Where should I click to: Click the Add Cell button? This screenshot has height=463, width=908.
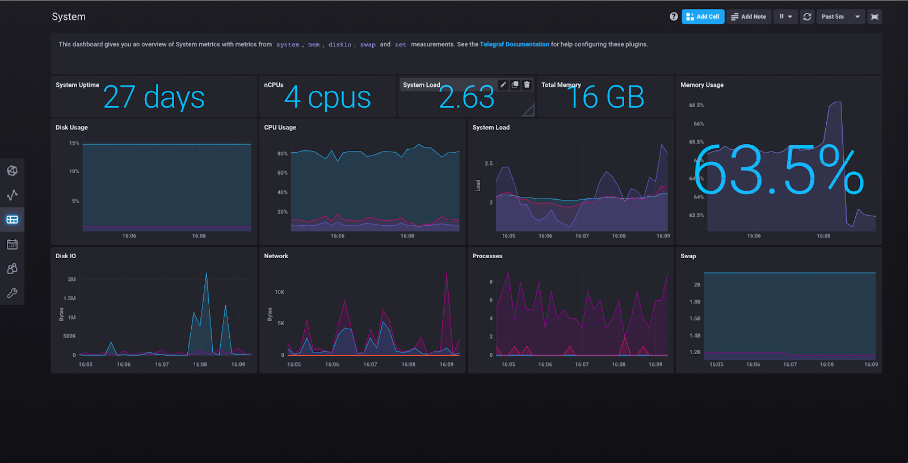(x=703, y=16)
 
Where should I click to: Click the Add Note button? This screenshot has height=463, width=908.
(x=749, y=16)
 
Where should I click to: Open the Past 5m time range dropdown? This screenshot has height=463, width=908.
(x=840, y=16)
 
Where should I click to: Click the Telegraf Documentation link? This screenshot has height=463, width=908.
(x=514, y=44)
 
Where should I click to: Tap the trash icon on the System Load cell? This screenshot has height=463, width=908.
(x=527, y=85)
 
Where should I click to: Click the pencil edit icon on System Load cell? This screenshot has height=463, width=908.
(x=503, y=85)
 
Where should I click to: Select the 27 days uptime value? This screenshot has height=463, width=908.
(x=154, y=98)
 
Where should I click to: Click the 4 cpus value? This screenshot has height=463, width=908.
(x=327, y=98)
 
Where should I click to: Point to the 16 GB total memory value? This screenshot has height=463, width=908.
(x=606, y=98)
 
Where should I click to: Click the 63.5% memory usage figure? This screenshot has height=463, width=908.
(x=778, y=170)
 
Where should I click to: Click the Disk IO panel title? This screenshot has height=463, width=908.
(x=66, y=256)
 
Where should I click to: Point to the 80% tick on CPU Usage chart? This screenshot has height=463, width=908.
(x=282, y=154)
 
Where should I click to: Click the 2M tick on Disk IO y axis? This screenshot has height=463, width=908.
(x=72, y=279)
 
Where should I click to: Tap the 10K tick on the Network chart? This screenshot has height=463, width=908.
(x=279, y=292)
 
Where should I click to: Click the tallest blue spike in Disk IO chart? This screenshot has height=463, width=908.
(x=206, y=274)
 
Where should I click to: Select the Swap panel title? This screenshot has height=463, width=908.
(x=688, y=256)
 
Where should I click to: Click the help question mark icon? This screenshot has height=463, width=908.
(x=674, y=16)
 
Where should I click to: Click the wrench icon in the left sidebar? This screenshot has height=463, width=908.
(x=12, y=293)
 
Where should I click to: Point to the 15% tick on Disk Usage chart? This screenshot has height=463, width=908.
(x=74, y=143)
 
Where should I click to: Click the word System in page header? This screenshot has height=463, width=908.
(x=69, y=16)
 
